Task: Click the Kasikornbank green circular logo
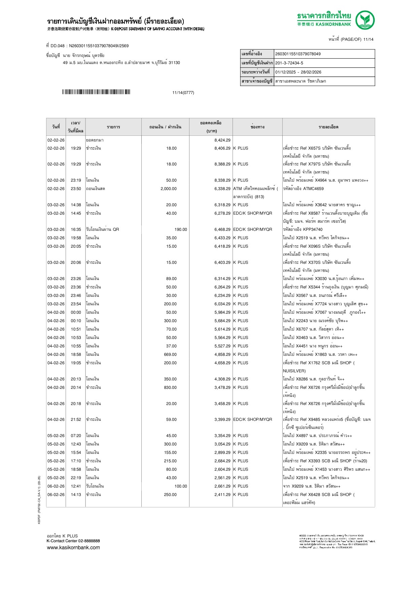click(365, 20)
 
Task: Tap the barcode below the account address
click(96, 92)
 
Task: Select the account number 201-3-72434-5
click(289, 63)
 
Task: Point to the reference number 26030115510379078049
click(298, 54)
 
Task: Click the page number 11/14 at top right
click(368, 39)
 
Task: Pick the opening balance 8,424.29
click(222, 140)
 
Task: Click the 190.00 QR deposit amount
click(180, 229)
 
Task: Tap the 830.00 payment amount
click(170, 387)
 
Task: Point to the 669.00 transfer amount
click(170, 354)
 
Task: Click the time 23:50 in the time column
click(76, 189)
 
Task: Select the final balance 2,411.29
click(222, 495)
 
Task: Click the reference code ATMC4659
click(313, 189)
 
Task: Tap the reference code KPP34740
click(313, 229)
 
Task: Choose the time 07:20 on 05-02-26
click(76, 436)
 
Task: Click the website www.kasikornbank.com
click(73, 548)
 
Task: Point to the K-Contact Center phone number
click(89, 541)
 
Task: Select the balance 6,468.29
click(222, 229)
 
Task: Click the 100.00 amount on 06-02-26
click(180, 486)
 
